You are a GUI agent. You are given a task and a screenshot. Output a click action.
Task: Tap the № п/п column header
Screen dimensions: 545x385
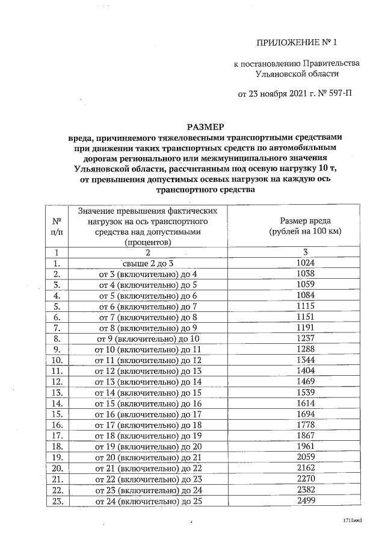pos(57,226)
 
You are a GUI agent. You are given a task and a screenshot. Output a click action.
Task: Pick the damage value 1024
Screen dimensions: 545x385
pos(306,263)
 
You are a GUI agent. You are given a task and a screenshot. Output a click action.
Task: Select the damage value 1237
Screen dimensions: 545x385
pos(306,339)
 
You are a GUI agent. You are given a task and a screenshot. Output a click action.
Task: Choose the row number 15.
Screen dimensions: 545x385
pos(58,415)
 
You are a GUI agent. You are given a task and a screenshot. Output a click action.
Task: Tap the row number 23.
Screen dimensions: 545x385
pos(58,501)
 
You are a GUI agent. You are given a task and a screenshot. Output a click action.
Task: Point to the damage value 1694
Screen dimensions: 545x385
pos(306,415)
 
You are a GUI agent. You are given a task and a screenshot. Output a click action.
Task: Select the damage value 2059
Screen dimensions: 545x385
pos(306,458)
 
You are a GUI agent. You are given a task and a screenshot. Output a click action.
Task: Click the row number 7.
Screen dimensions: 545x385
pos(58,328)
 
